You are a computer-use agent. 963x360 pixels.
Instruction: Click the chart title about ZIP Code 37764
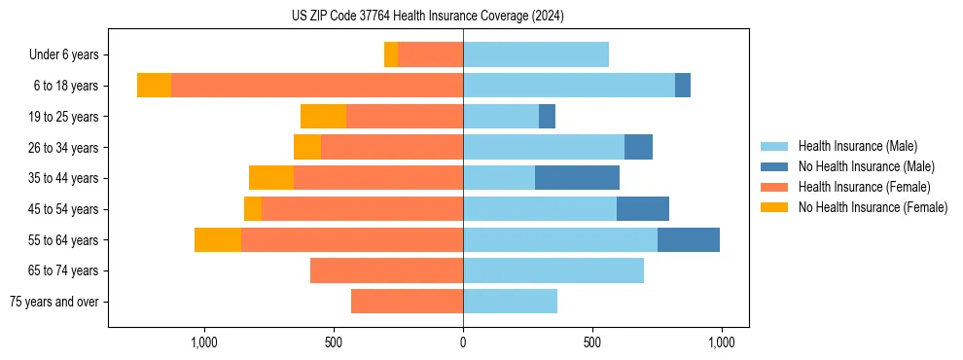(427, 17)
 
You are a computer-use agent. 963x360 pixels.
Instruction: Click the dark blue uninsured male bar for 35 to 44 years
(577, 178)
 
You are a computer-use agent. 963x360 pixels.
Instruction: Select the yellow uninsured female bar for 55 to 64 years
(218, 239)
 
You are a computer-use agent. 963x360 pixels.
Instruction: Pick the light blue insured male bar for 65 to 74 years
(553, 270)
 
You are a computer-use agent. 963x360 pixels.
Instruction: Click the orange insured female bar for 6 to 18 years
(317, 86)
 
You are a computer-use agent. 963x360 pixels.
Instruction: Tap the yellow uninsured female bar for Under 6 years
(391, 54)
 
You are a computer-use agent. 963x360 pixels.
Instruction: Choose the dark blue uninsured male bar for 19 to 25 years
(547, 117)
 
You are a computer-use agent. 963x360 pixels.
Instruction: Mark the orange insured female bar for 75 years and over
(407, 302)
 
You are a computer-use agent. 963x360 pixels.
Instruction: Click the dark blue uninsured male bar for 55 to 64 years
(689, 239)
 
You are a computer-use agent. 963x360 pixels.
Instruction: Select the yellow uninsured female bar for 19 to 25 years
(323, 117)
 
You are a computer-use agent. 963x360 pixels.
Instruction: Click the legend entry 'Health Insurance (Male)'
(857, 146)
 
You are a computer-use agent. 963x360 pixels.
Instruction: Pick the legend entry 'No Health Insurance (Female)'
(873, 207)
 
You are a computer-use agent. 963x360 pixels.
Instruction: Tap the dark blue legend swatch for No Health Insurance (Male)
(774, 166)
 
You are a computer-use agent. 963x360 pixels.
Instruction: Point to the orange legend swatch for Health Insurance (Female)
(774, 187)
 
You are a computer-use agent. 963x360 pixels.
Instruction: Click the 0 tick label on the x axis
(463, 342)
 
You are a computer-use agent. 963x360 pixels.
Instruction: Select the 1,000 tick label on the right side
(721, 342)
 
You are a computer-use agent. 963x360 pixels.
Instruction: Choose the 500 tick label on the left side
(334, 342)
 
